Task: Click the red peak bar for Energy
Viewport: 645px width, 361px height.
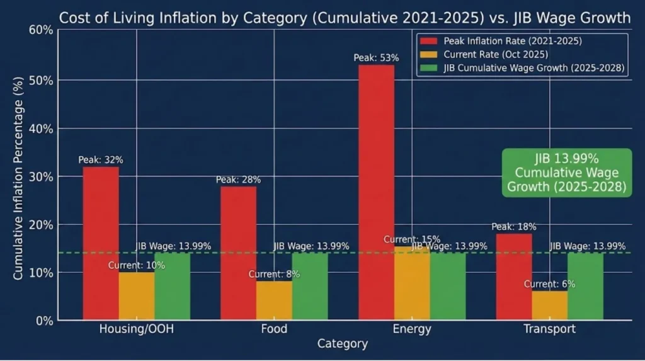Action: click(x=376, y=192)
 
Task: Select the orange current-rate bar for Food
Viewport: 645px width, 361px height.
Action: click(x=274, y=300)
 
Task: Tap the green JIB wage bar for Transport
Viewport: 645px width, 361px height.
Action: click(x=585, y=287)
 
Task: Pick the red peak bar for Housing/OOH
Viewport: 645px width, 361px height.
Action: click(x=101, y=243)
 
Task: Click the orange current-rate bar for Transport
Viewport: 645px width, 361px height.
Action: click(x=549, y=305)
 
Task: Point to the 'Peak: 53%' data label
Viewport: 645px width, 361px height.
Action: click(x=376, y=58)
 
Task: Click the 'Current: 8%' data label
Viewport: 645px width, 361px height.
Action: click(x=274, y=274)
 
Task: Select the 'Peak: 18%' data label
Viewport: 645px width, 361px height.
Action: click(x=514, y=227)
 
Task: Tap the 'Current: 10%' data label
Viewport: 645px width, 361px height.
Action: click(x=136, y=265)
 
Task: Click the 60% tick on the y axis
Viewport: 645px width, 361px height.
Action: click(x=43, y=31)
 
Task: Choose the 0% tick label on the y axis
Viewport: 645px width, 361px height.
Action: click(x=46, y=321)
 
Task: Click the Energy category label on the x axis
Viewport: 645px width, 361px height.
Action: click(x=411, y=329)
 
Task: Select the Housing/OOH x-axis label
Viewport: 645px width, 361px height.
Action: click(x=136, y=329)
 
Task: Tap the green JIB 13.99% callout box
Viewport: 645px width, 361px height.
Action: click(x=566, y=172)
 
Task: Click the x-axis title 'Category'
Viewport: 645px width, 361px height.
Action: click(x=342, y=344)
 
